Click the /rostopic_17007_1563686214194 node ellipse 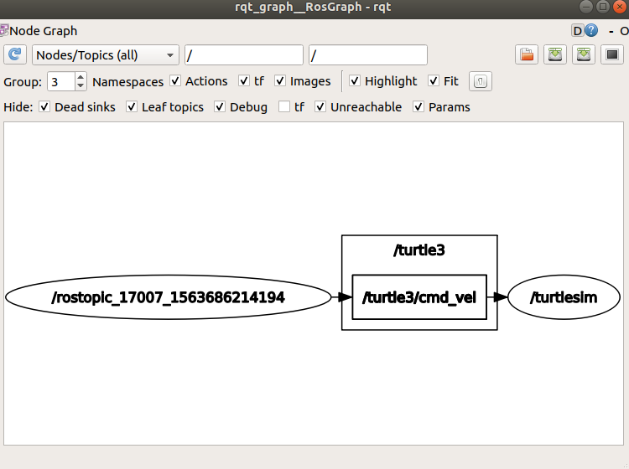(x=168, y=297)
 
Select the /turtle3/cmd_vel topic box (x=418, y=297)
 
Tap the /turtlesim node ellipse (x=564, y=297)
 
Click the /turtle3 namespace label (x=418, y=250)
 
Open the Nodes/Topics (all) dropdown (x=106, y=55)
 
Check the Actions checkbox (x=175, y=81)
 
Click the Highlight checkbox (x=355, y=81)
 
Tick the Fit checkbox (x=434, y=81)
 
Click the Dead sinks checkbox (x=44, y=107)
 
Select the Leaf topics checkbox (x=132, y=107)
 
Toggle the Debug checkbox (x=220, y=107)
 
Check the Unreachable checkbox (x=320, y=107)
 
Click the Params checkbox (x=418, y=107)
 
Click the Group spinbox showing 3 (x=61, y=81)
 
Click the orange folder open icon (x=527, y=55)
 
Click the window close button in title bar (x=618, y=7)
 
